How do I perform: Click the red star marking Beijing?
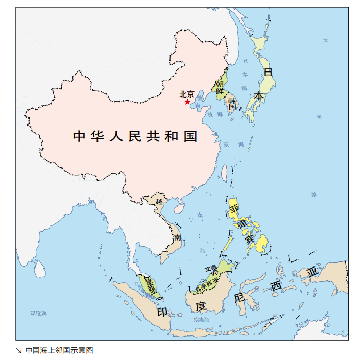point(187,102)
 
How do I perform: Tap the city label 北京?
point(187,94)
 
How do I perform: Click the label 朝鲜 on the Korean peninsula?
point(220,87)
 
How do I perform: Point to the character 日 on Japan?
point(268,73)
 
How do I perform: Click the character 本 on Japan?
point(259,95)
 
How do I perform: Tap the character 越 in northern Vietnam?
point(159,201)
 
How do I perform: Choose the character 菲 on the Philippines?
point(234,209)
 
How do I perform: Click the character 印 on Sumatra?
point(162,311)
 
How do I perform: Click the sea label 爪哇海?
point(201,320)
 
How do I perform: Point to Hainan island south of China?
point(179,208)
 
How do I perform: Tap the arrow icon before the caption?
point(19,350)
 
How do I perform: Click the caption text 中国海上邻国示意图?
point(59,350)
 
